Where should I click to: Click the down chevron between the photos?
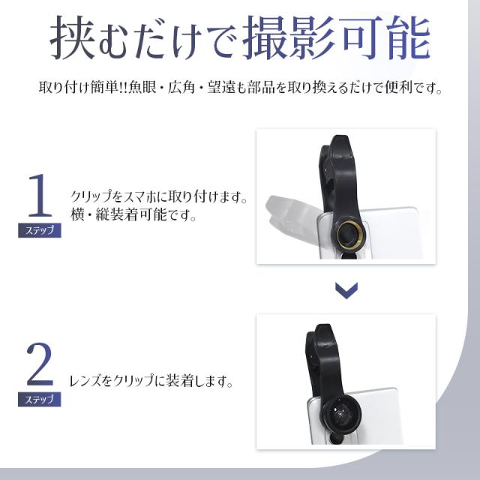(345, 291)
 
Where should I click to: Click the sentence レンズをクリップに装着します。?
(151, 381)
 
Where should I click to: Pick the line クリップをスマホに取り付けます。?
(159, 198)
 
